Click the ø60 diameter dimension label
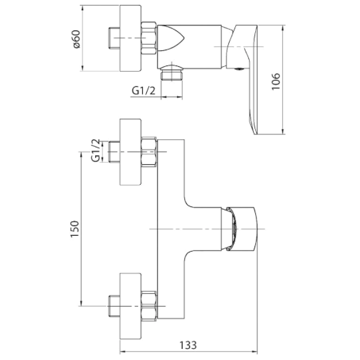coord(77,39)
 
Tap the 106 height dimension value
coord(276,81)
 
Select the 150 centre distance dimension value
coord(75,229)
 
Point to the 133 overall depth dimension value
coord(188,346)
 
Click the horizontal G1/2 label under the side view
coord(143,91)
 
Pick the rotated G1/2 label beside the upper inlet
coord(96,150)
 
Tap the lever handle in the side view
coord(246,78)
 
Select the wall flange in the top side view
coord(130,38)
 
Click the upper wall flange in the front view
coord(130,152)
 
